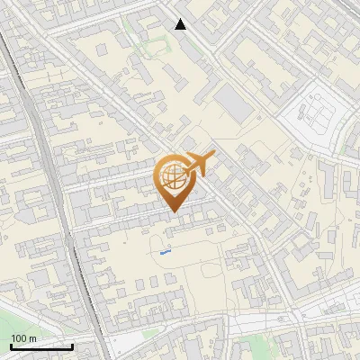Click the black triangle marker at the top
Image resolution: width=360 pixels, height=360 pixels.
(181, 24)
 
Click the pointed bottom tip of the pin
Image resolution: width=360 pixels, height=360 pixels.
(173, 211)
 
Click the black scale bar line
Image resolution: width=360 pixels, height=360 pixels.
(42, 346)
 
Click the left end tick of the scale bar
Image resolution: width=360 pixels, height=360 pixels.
(12, 345)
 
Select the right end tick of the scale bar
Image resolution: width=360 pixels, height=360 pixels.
(73, 345)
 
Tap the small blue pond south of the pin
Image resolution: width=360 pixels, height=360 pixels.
(166, 253)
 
